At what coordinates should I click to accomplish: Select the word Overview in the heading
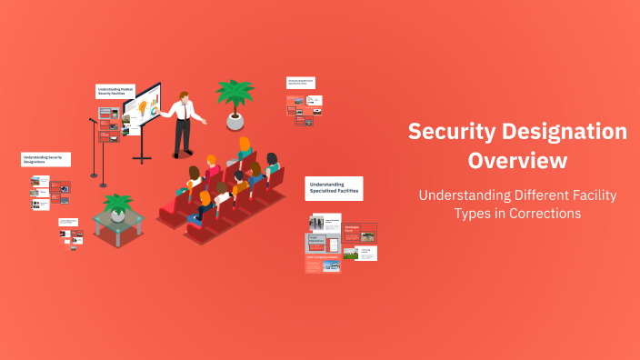[517, 161]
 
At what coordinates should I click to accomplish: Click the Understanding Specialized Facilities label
[334, 188]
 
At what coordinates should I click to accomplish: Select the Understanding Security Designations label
[45, 159]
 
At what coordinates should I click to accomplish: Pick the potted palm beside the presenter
[235, 95]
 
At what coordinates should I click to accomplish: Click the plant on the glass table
[117, 205]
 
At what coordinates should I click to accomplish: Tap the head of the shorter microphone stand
[93, 120]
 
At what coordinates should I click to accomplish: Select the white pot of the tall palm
[235, 121]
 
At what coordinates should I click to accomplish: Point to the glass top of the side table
[117, 219]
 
